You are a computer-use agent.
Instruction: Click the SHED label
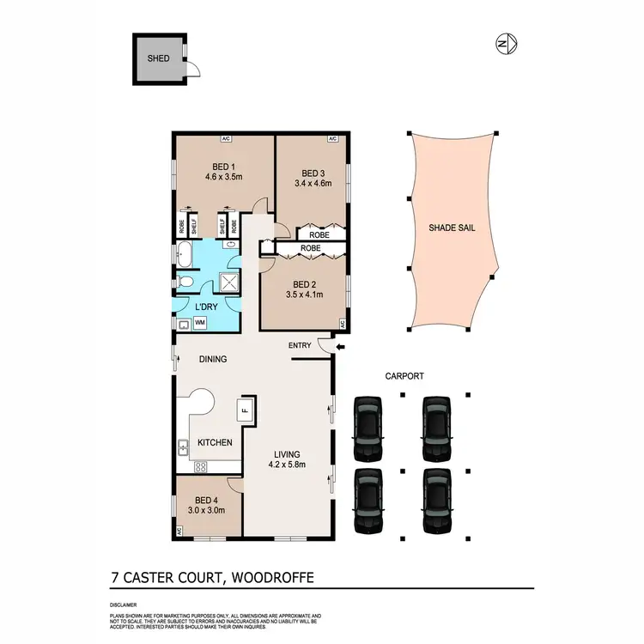(156, 58)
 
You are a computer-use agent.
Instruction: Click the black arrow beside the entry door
(341, 348)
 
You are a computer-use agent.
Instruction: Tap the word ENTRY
(300, 346)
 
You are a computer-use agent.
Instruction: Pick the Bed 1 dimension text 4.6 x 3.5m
(223, 178)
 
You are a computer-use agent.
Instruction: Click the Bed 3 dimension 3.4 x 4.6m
(313, 183)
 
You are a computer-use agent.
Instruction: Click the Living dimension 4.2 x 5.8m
(288, 467)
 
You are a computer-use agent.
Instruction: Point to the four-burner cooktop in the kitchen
(201, 467)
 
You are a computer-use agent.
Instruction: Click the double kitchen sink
(183, 447)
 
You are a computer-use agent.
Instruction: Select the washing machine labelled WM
(200, 323)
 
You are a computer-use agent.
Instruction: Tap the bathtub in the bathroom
(184, 255)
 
